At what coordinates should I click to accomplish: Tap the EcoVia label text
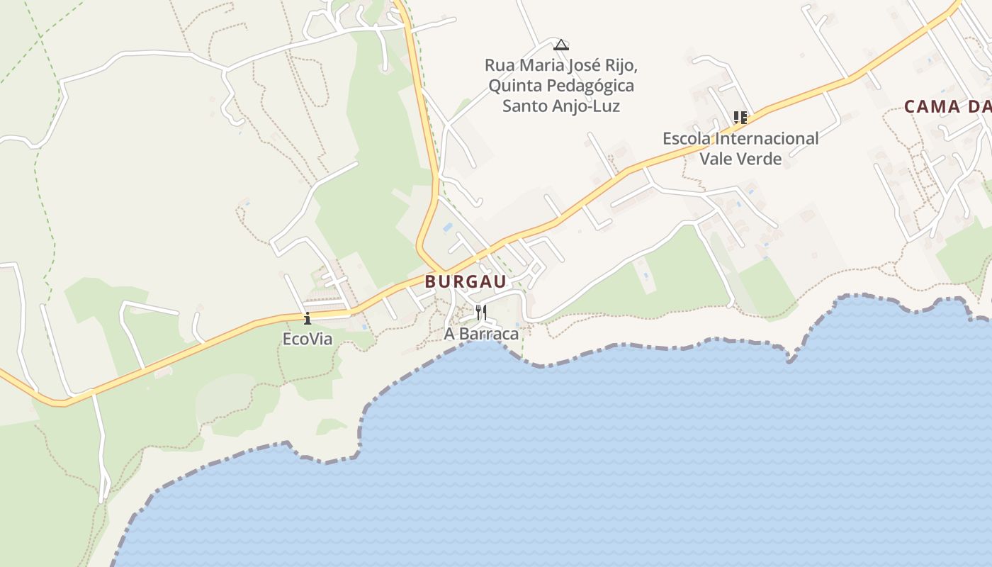pyautogui.click(x=308, y=339)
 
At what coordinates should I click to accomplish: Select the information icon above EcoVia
pyautogui.click(x=308, y=318)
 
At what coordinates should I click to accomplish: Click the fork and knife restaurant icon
pyautogui.click(x=480, y=312)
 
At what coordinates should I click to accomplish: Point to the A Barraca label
pyautogui.click(x=481, y=334)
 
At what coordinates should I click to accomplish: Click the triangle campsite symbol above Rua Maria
pyautogui.click(x=561, y=45)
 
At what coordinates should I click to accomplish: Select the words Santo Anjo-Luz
pyautogui.click(x=561, y=106)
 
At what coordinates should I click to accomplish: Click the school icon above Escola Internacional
pyautogui.click(x=740, y=117)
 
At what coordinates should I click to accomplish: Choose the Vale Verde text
pyautogui.click(x=740, y=159)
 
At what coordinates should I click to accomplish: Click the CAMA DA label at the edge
pyautogui.click(x=947, y=107)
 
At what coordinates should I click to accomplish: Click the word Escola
pyautogui.click(x=687, y=138)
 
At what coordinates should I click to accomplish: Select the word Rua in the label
pyautogui.click(x=500, y=66)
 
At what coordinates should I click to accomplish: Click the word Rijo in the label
pyautogui.click(x=624, y=66)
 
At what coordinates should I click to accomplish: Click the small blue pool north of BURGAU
pyautogui.click(x=448, y=228)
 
